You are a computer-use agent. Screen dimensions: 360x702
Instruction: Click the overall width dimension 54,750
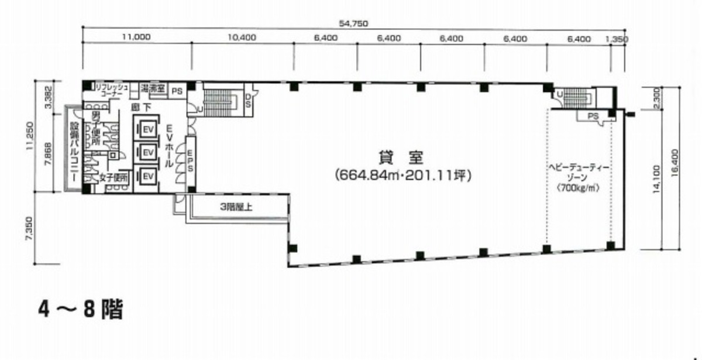pyautogui.click(x=354, y=23)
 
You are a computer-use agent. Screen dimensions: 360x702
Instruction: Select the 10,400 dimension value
pyautogui.click(x=242, y=37)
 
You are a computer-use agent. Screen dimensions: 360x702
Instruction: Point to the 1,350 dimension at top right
pyautogui.click(x=618, y=38)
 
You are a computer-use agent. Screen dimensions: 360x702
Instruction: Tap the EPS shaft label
pyautogui.click(x=190, y=160)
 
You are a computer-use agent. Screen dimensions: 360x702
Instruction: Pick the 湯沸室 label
pyautogui.click(x=153, y=89)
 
